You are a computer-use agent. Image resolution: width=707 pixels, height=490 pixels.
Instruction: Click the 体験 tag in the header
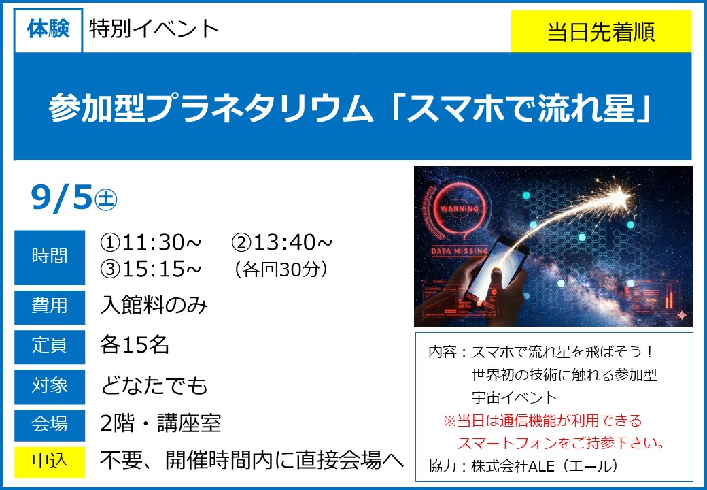coord(48,30)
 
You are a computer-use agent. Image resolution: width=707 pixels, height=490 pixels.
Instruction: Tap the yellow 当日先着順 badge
coord(601,31)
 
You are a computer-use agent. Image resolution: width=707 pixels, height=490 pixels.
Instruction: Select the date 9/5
coord(62,197)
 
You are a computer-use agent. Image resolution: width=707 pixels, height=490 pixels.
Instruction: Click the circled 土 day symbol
coord(106,199)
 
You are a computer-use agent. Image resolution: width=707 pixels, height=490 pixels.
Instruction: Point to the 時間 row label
coord(50,257)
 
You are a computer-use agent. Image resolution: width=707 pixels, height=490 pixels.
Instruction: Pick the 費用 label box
coord(50,307)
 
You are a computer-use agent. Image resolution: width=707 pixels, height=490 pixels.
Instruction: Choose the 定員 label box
coord(50,346)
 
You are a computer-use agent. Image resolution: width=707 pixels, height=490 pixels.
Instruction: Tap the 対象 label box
coord(50,387)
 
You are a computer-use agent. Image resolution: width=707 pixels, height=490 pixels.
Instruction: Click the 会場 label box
coord(50,425)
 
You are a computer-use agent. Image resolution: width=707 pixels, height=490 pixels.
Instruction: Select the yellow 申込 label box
coord(50,462)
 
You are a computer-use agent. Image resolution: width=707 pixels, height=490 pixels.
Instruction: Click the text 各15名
coord(135,345)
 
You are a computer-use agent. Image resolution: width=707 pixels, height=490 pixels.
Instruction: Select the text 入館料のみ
coord(154,305)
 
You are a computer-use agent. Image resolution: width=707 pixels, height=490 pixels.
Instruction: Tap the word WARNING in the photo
coord(460,209)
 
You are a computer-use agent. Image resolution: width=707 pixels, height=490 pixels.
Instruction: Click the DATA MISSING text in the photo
coord(460,251)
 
